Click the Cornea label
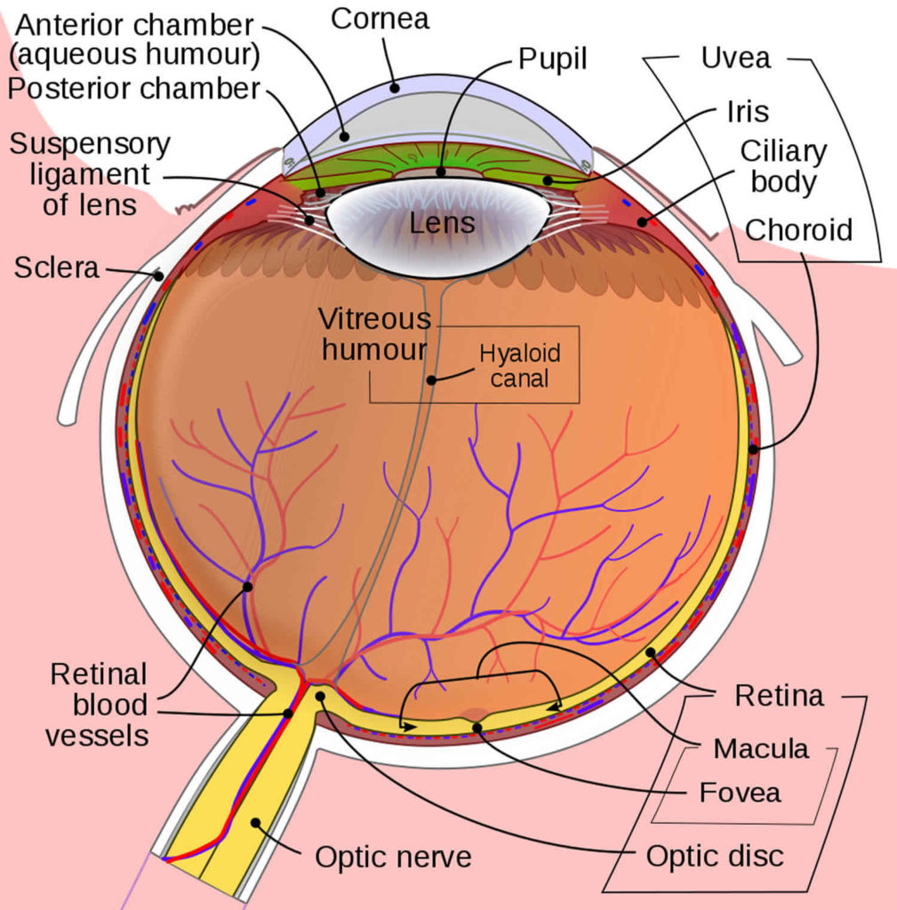[x=381, y=20]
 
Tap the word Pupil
[x=554, y=60]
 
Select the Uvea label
[x=735, y=60]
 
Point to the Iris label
[x=747, y=112]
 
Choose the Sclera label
[x=56, y=267]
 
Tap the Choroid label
[x=798, y=230]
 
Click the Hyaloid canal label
[x=520, y=365]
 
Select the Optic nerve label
[x=393, y=857]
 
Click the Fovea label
[x=740, y=792]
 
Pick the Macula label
[x=761, y=748]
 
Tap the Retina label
[x=779, y=696]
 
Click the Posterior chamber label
[x=133, y=89]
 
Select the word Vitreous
[x=374, y=319]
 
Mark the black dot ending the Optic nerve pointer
[x=256, y=823]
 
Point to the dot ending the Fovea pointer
[x=477, y=728]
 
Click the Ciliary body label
[x=783, y=166]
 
